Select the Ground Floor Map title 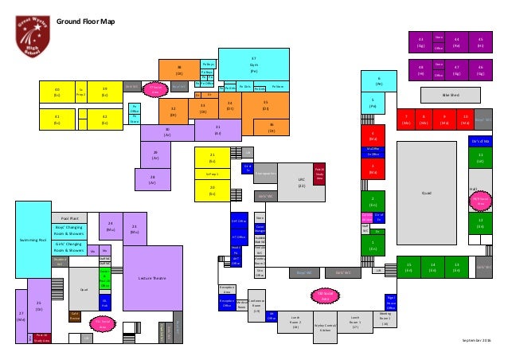pyautogui.click(x=85, y=22)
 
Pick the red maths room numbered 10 pyautogui.click(x=466, y=120)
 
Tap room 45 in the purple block pyautogui.click(x=480, y=41)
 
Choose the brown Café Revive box pyautogui.click(x=75, y=315)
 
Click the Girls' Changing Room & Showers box pyautogui.click(x=70, y=245)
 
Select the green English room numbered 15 pyautogui.click(x=408, y=268)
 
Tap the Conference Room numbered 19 pyautogui.click(x=256, y=307)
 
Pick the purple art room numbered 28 pyautogui.click(x=151, y=179)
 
